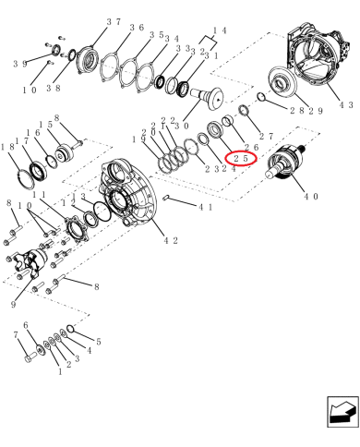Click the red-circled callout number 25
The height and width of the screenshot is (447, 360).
click(241, 159)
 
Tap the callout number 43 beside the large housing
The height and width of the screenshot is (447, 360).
click(346, 104)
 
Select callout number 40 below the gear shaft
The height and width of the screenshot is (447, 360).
click(311, 196)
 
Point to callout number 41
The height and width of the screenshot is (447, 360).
click(206, 207)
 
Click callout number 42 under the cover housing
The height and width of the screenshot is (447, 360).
click(171, 241)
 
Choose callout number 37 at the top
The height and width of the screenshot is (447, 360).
click(114, 22)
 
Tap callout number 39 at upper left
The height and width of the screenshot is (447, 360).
click(20, 64)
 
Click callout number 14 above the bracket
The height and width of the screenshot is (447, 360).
click(220, 30)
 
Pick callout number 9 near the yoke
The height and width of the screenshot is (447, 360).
click(13, 305)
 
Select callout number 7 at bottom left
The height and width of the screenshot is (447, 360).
click(17, 334)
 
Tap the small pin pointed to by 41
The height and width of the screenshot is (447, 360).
click(167, 197)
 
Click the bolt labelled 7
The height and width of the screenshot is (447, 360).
click(30, 358)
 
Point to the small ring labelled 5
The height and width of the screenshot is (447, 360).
click(70, 329)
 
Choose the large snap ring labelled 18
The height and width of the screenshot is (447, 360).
click(24, 179)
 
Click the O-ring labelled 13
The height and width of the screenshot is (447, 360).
click(102, 211)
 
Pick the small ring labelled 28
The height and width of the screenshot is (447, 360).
click(261, 97)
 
